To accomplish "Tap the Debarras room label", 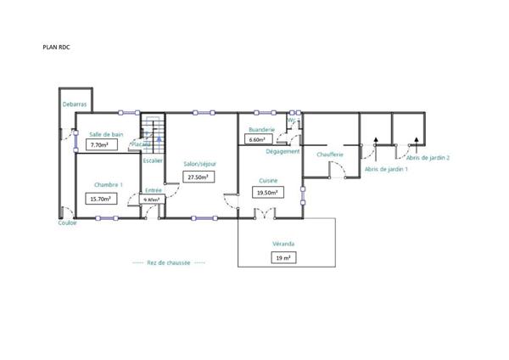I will pyautogui.click(x=75, y=104).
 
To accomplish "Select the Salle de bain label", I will pyautogui.click(x=106, y=134).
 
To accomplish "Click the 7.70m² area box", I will pyautogui.click(x=101, y=145).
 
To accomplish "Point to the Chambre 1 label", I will pyautogui.click(x=109, y=184).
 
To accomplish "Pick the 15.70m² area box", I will pyautogui.click(x=101, y=199).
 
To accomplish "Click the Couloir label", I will pyautogui.click(x=68, y=223).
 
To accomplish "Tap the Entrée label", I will pyautogui.click(x=154, y=190).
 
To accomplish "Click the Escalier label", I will pyautogui.click(x=153, y=160).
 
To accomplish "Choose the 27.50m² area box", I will pyautogui.click(x=199, y=177).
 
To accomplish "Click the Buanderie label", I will pyautogui.click(x=261, y=130).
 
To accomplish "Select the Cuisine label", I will pyautogui.click(x=270, y=180).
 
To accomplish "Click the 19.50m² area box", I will pyautogui.click(x=267, y=193).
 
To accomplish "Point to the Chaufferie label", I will pyautogui.click(x=329, y=155).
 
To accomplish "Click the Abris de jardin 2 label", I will pyautogui.click(x=428, y=158).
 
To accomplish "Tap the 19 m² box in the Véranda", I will pyautogui.click(x=282, y=257).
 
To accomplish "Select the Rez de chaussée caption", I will pyautogui.click(x=169, y=263).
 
